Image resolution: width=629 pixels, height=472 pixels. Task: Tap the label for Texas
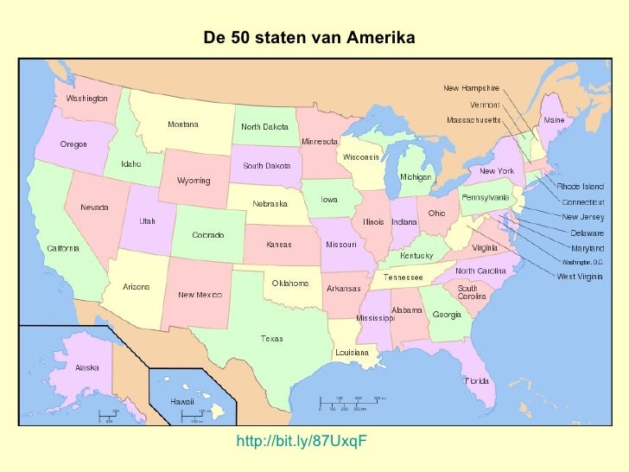click(272, 338)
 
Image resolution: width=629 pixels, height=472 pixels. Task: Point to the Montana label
click(182, 124)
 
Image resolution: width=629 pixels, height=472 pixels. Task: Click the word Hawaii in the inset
click(181, 402)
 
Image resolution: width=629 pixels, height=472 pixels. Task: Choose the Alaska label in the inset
click(87, 367)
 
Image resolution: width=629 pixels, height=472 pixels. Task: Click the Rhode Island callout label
click(580, 186)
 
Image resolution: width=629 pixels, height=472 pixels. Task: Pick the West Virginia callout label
click(580, 277)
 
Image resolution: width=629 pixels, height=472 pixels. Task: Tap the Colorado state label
click(207, 235)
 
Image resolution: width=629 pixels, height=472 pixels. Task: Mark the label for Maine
click(554, 120)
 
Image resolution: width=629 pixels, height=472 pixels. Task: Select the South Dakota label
click(266, 165)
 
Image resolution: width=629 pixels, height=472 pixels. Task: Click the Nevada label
click(94, 207)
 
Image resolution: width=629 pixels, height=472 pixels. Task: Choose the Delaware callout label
click(587, 233)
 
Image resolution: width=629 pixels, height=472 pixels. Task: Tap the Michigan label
click(415, 176)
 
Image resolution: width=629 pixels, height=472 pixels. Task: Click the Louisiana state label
click(352, 353)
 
